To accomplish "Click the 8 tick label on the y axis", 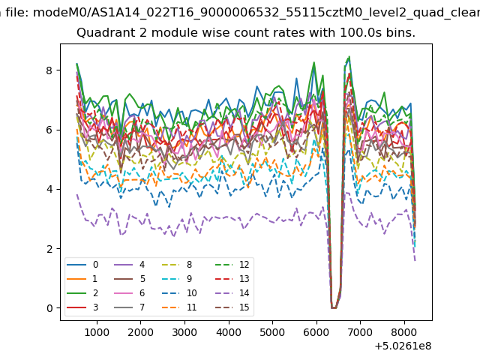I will [x=50, y=70].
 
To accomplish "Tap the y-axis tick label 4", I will [x=50, y=189].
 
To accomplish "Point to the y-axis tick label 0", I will [x=50, y=307].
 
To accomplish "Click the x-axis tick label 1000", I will [x=96, y=330].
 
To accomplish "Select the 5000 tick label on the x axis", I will [x=272, y=330].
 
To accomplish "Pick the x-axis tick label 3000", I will [x=184, y=330].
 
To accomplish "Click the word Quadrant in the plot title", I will [x=101, y=33].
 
